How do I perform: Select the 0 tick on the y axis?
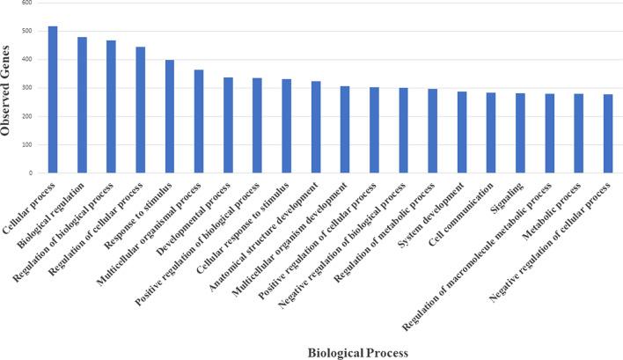pos(31,173)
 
